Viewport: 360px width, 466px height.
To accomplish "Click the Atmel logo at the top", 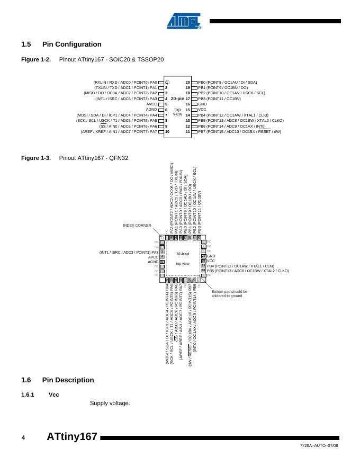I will tap(184, 21).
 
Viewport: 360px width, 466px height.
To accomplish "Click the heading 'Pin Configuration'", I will tap(71, 44).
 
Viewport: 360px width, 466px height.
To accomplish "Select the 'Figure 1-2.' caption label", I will tap(35, 59).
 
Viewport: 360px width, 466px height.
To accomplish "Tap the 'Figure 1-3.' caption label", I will tap(35, 158).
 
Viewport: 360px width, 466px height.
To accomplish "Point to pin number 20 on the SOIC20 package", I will tap(187, 83).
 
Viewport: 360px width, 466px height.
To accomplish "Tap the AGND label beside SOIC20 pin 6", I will tap(151, 110).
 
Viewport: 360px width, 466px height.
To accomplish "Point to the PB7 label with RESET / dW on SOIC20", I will tap(239, 131).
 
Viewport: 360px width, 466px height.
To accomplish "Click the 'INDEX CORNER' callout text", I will tap(137, 226).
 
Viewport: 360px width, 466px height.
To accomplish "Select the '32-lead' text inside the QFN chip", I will tap(183, 254).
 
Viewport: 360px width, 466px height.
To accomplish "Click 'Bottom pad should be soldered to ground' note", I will tap(229, 293).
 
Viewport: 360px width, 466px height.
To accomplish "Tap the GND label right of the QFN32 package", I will tap(211, 256).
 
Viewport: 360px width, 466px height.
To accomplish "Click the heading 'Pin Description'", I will tap(68, 380).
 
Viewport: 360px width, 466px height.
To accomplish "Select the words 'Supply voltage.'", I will tap(110, 404).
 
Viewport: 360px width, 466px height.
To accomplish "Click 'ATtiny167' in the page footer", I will tap(72, 437).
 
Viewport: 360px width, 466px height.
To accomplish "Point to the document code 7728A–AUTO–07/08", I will tap(319, 446).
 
